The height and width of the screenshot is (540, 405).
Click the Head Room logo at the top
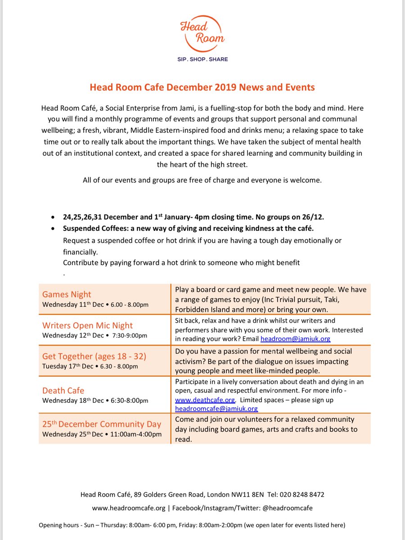pos(202,34)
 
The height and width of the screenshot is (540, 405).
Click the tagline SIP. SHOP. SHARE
pos(202,59)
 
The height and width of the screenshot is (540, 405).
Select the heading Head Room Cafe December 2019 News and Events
pos(202,87)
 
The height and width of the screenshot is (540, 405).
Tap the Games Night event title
pos(67,294)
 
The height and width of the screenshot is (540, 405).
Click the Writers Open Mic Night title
pos(87,325)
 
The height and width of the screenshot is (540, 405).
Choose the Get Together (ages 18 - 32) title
pos(94,356)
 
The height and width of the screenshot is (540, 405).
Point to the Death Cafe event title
pos(63,390)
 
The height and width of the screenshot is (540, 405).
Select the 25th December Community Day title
pos(101,424)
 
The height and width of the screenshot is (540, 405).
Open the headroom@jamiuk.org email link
pos(296,339)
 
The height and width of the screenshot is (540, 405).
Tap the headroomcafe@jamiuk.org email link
pos(216,409)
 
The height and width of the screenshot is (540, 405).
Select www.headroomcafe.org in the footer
pos(129,508)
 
